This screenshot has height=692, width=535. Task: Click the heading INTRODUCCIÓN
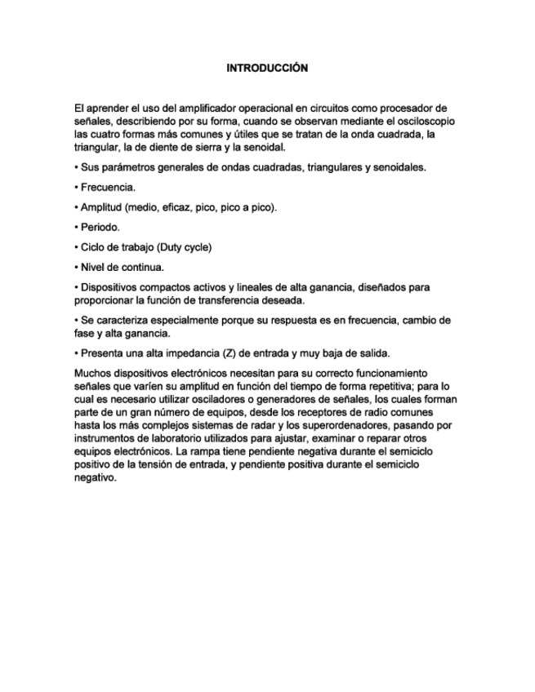click(x=267, y=69)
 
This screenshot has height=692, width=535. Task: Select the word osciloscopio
click(x=426, y=121)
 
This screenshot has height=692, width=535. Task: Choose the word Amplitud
click(x=100, y=207)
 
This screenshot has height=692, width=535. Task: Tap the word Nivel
click(x=91, y=267)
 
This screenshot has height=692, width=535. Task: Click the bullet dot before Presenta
click(x=75, y=353)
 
